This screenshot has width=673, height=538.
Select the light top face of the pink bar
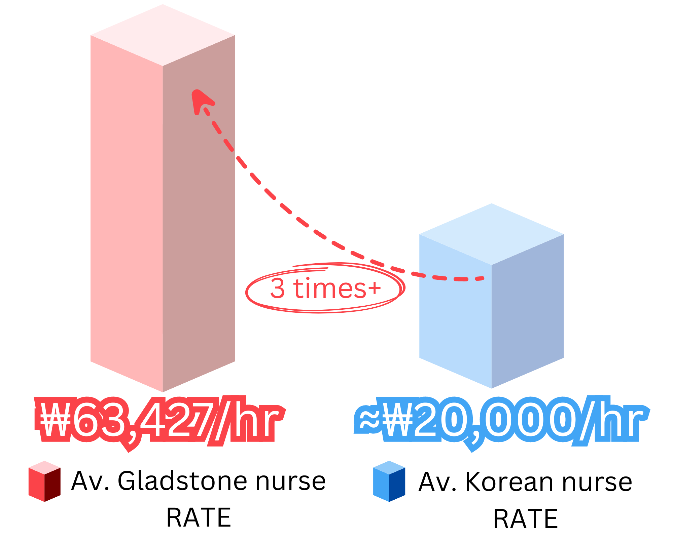(163, 35)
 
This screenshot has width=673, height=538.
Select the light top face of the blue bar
(491, 234)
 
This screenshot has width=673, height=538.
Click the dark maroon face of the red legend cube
(57, 488)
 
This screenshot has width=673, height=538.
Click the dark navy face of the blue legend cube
(403, 488)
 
